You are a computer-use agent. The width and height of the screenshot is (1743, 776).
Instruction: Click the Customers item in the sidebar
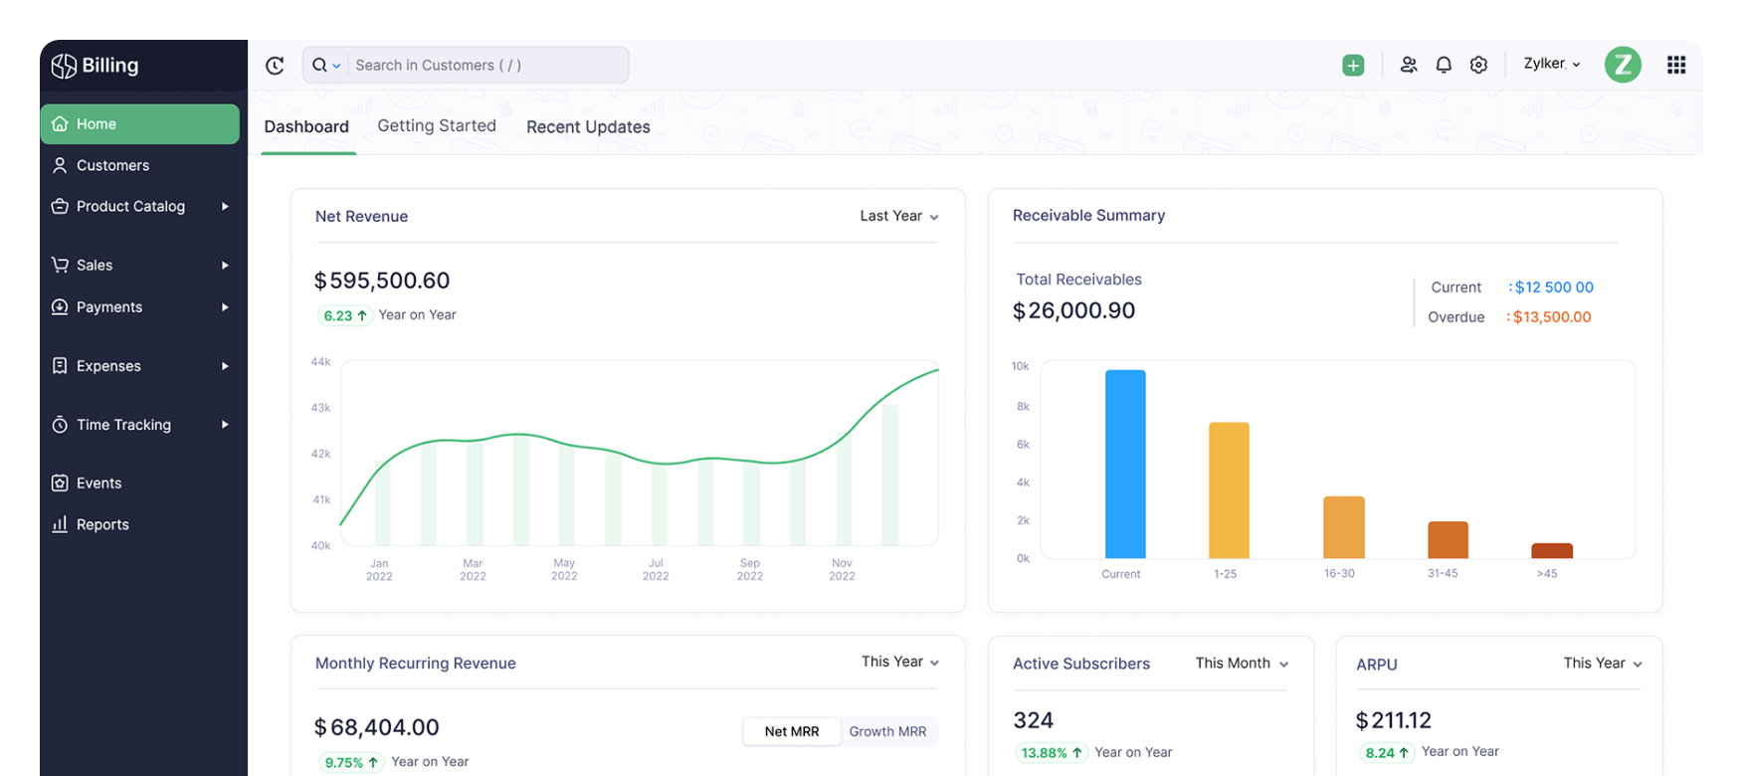(x=111, y=165)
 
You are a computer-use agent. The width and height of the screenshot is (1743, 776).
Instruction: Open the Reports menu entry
(x=101, y=524)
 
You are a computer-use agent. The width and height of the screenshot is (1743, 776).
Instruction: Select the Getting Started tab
(x=436, y=125)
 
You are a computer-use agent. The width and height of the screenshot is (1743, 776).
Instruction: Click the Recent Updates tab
(x=587, y=126)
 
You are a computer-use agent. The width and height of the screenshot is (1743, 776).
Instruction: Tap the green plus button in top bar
(x=1353, y=66)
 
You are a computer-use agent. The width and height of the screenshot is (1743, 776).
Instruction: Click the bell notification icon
(x=1444, y=65)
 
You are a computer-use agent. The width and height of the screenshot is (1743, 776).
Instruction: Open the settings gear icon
(x=1478, y=65)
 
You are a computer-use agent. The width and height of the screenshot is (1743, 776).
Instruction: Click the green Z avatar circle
(x=1622, y=65)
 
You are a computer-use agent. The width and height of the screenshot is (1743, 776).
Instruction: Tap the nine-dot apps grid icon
(x=1676, y=65)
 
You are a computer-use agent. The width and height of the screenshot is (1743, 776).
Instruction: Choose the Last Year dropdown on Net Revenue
(x=898, y=216)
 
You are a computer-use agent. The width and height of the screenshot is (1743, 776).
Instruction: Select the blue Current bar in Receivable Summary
(x=1125, y=464)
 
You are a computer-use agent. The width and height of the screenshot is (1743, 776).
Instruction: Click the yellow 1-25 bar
(x=1229, y=489)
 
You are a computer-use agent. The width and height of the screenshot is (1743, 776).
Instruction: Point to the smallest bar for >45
(x=1551, y=550)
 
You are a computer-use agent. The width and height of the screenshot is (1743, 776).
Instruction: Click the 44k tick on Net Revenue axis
(x=320, y=362)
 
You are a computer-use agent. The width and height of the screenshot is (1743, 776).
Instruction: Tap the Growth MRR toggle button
(x=887, y=731)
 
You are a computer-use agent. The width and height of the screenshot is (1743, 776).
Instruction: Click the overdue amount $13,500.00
(x=1551, y=316)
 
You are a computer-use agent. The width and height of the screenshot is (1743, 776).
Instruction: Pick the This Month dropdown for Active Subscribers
(x=1241, y=664)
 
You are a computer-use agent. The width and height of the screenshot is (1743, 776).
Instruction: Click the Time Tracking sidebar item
(x=123, y=425)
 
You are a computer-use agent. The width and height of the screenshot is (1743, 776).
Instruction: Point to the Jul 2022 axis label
(x=656, y=569)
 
